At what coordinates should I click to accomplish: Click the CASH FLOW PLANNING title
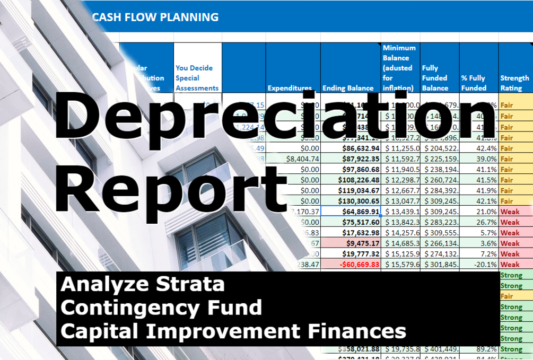tap(155, 17)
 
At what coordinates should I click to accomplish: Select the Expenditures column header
tap(290, 88)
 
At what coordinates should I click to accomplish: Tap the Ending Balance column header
tap(348, 88)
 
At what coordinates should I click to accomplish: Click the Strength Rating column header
tap(514, 83)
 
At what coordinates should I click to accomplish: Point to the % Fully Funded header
tap(473, 83)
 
